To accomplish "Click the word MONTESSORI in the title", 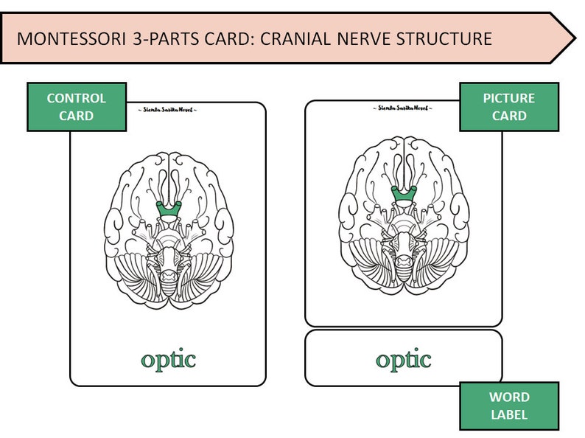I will click(x=70, y=38).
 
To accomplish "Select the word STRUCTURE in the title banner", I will click(x=449, y=38).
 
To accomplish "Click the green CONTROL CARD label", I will click(x=77, y=107).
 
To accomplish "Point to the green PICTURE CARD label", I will click(x=509, y=107).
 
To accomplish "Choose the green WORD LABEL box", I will click(x=509, y=406).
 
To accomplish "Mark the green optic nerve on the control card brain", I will click(x=169, y=211).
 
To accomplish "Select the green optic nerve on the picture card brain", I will click(x=403, y=195).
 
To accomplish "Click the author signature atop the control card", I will click(x=168, y=108).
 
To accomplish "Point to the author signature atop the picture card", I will click(x=404, y=108).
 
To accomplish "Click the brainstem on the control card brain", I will click(x=169, y=258).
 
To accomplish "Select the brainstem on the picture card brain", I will click(x=403, y=243).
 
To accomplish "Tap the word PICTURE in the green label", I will click(x=509, y=98).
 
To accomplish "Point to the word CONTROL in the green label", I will click(x=77, y=98).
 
